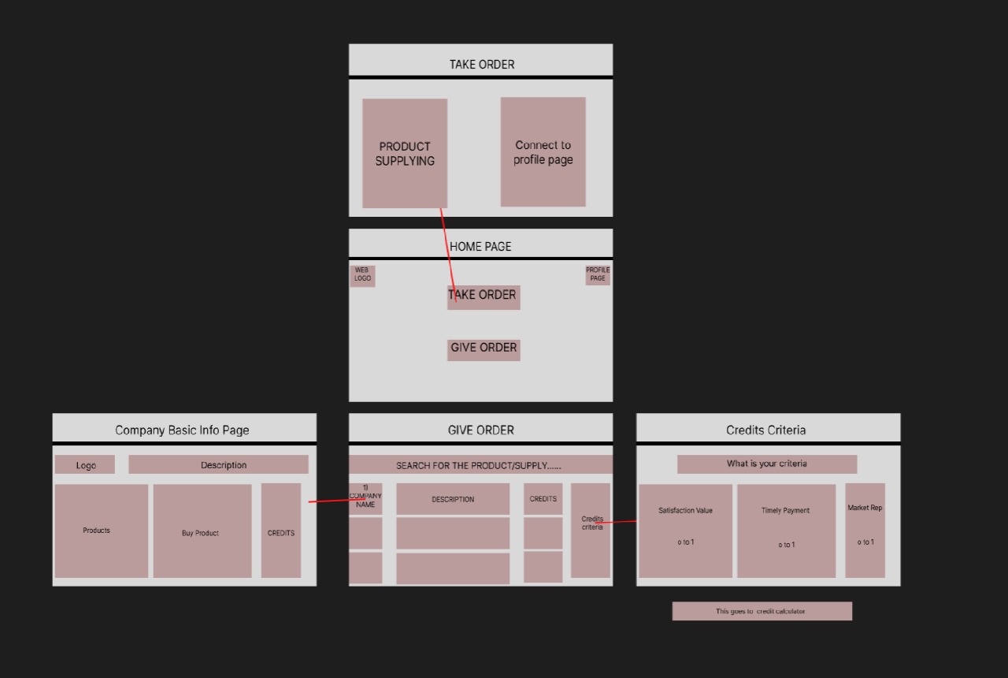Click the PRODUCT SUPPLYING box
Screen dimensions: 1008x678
[405, 153]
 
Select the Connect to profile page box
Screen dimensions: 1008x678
[543, 152]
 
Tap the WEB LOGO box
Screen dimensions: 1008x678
[362, 275]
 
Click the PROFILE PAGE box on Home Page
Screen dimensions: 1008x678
[598, 274]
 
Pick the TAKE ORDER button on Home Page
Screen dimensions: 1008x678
[484, 296]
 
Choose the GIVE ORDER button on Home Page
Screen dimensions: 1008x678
[484, 348]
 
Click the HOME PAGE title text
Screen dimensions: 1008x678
[480, 247]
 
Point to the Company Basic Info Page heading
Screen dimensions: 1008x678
[182, 430]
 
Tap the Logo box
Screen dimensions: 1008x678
[85, 465]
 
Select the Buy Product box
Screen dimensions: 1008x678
[202, 531]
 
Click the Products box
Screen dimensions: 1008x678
[101, 531]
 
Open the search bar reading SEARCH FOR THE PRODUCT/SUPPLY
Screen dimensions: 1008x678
[480, 465]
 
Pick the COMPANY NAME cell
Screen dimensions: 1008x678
[365, 498]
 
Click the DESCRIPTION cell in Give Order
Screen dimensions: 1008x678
[453, 499]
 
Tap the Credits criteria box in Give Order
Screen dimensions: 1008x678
[591, 530]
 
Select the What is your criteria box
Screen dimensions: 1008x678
[766, 464]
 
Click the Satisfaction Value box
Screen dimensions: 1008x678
[685, 530]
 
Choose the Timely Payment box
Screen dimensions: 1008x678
[786, 530]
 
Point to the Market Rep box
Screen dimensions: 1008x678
[865, 530]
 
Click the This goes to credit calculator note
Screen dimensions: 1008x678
[762, 611]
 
